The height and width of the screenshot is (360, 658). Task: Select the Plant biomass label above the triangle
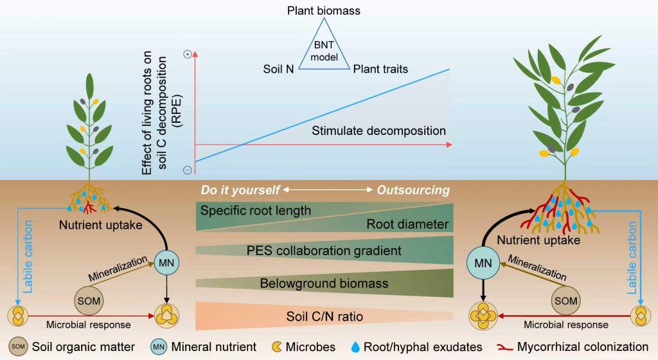pyautogui.click(x=324, y=10)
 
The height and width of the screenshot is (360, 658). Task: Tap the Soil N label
pyautogui.click(x=279, y=69)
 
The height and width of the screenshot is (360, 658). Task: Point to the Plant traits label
pyautogui.click(x=380, y=69)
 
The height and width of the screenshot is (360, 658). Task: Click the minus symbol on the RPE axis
pyautogui.click(x=187, y=170)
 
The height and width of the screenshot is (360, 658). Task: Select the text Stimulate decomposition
pyautogui.click(x=378, y=130)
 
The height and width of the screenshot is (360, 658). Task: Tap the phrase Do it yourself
pyautogui.click(x=240, y=190)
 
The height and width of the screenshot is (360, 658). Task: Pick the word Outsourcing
pyautogui.click(x=413, y=190)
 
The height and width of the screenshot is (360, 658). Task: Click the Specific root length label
pyautogui.click(x=255, y=210)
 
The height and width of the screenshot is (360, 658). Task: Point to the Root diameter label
pyautogui.click(x=407, y=224)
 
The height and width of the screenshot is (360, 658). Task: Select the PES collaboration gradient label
pyautogui.click(x=324, y=250)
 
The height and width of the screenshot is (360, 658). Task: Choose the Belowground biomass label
pyautogui.click(x=324, y=283)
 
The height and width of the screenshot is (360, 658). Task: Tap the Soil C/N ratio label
pyautogui.click(x=324, y=316)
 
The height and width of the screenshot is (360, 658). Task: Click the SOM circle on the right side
pyautogui.click(x=566, y=300)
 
